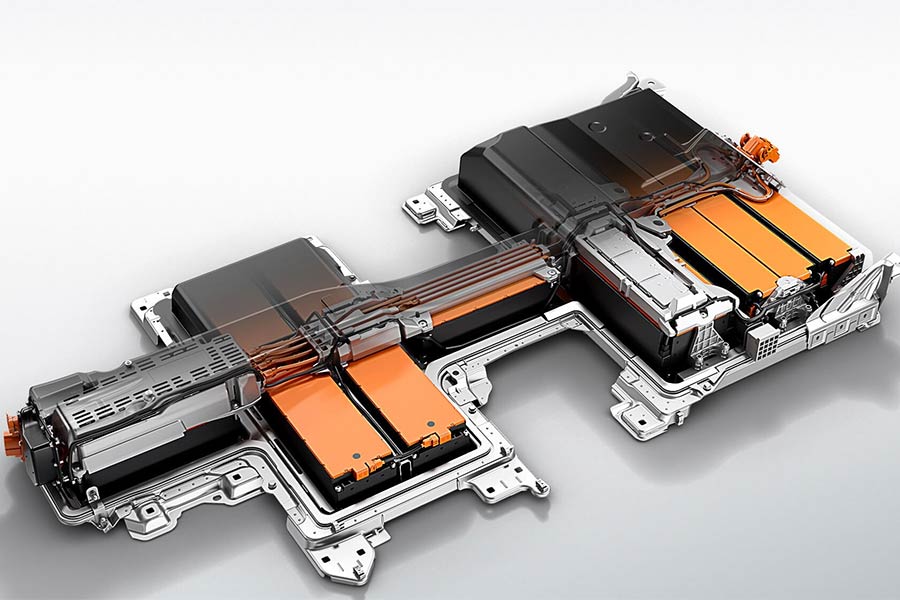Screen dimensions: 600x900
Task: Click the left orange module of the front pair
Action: point(318,425)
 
